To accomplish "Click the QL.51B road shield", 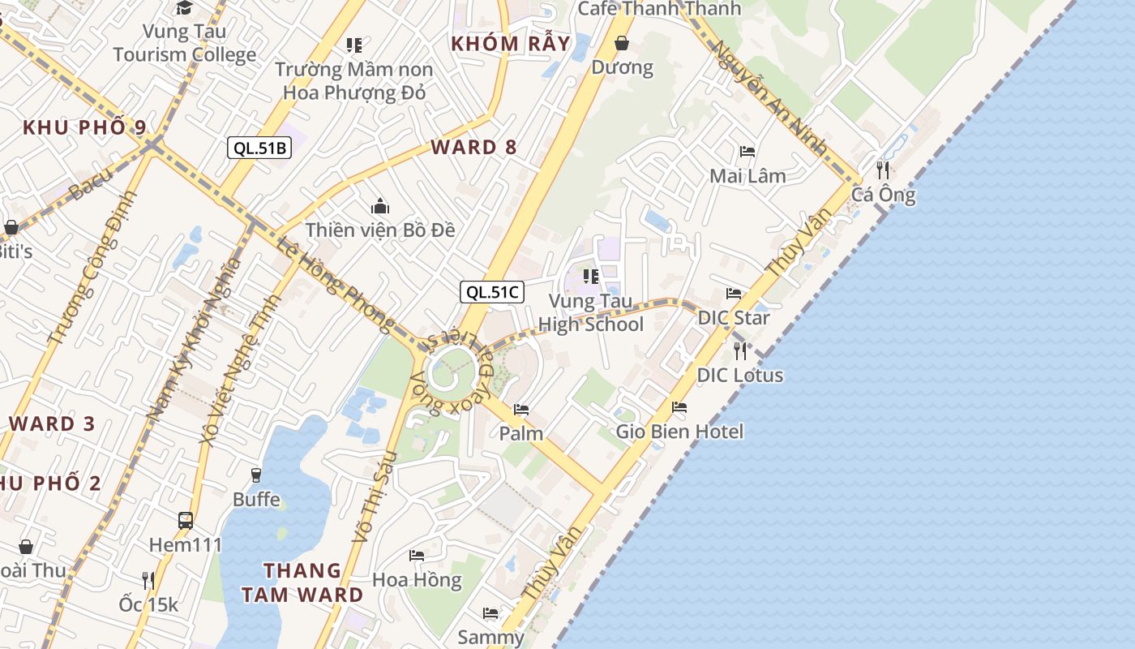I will coord(260,148).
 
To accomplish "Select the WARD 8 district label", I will coord(474,147).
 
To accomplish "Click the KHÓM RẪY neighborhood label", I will coord(511,43).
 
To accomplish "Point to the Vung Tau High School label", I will coord(591,313).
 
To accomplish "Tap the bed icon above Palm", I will coord(521,410).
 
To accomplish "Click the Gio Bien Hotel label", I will coord(679,431).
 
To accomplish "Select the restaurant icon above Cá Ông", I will coord(883,170).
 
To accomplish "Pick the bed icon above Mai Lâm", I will coord(747,152).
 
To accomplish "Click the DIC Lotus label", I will coord(740,375).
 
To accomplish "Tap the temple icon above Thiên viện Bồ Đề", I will coord(379,207).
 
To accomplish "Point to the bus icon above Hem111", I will coord(186,520).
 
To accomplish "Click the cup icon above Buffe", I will coord(256,475).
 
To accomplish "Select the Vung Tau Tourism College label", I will coord(185,43).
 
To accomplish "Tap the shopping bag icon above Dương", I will coord(622,43).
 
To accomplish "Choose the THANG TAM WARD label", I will coord(302,582).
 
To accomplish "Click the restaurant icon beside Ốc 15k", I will coord(148,580).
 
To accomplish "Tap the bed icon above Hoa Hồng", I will coord(417,556).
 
